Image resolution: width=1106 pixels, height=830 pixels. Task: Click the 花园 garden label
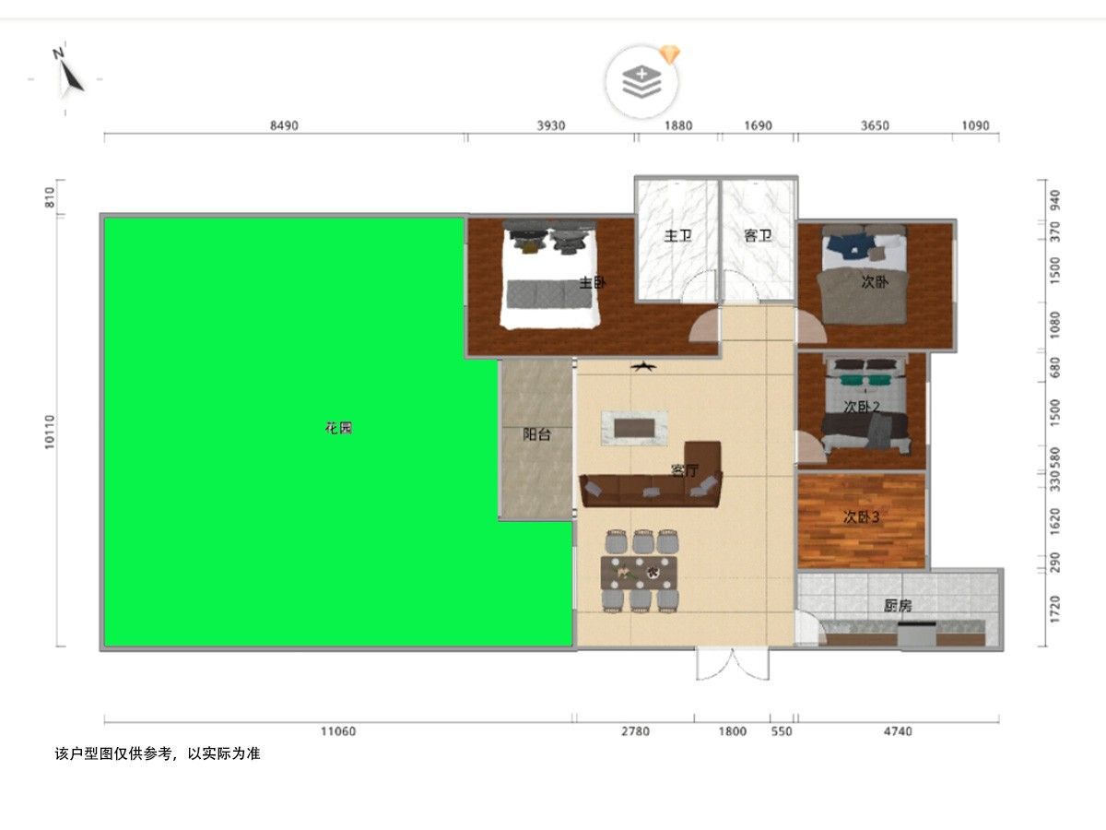coord(338,428)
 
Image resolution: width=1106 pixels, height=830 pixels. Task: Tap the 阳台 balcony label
coord(536,433)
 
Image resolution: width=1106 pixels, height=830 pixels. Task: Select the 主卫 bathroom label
coord(677,235)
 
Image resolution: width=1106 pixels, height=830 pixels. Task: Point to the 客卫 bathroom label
coord(758,235)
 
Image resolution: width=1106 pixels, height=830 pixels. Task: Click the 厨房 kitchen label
coord(898,605)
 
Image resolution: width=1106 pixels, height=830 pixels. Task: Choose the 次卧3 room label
coord(861,517)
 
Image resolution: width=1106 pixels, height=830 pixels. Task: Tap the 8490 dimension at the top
coord(284,125)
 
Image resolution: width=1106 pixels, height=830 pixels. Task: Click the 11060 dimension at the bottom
coord(338,731)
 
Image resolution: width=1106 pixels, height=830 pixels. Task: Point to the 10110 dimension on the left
coord(49,432)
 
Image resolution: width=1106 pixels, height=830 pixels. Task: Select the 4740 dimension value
coord(898,731)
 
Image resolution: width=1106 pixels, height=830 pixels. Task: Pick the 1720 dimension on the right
coord(1055,609)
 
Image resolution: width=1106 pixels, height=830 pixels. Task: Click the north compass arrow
coord(72,76)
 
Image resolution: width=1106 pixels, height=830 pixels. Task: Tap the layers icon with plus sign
coord(641,80)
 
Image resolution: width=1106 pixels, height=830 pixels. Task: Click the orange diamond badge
coord(670,54)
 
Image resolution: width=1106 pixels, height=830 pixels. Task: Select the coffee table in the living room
coord(634,428)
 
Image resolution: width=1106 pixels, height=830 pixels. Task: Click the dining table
coord(639,573)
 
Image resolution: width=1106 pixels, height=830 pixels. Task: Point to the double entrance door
coord(733,664)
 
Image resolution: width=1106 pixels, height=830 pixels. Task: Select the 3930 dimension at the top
coord(551,125)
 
